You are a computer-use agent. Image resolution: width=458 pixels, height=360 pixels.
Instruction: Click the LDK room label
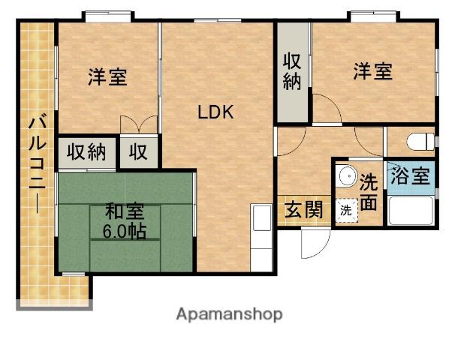tap(216, 113)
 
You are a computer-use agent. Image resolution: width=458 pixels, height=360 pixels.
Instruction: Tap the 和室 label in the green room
tap(124, 212)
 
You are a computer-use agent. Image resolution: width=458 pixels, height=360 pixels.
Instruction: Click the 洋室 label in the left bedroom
tap(107, 76)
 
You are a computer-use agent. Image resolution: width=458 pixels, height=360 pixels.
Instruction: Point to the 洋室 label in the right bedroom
tap(373, 72)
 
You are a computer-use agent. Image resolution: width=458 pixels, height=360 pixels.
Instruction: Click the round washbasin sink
tap(348, 178)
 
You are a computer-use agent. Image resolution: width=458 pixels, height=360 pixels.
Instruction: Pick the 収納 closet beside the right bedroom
tap(293, 72)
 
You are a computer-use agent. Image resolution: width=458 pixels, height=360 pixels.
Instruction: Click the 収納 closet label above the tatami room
tap(86, 152)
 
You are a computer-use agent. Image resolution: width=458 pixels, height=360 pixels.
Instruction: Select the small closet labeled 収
tap(139, 152)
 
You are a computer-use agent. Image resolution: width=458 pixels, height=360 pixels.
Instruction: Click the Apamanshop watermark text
tap(229, 314)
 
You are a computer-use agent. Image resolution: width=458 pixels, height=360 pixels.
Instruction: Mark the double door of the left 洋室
tap(138, 124)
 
